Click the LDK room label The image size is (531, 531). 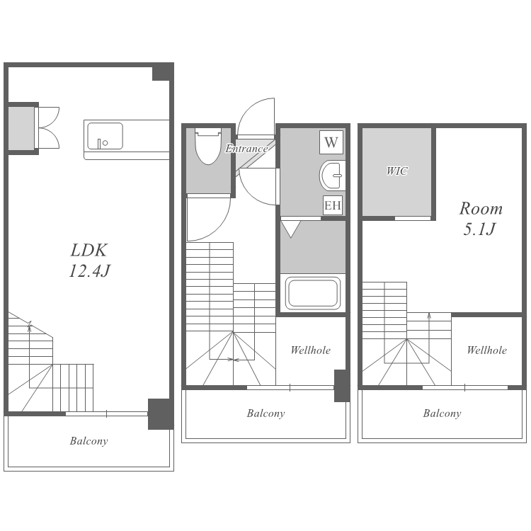click(x=88, y=250)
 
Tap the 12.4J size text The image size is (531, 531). click(x=89, y=271)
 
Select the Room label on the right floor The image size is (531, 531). click(x=481, y=209)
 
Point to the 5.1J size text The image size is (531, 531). click(x=479, y=229)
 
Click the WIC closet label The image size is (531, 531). click(x=397, y=171)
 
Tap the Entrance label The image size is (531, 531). click(x=246, y=149)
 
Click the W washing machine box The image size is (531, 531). click(x=331, y=142)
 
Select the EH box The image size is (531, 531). click(x=332, y=205)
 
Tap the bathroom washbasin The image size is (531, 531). click(x=333, y=176)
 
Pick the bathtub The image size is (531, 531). click(x=312, y=293)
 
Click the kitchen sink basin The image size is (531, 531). click(x=105, y=136)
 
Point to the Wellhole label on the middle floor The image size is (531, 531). click(x=311, y=350)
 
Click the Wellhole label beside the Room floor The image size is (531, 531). click(x=486, y=350)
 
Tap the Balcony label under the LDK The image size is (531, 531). click(x=88, y=441)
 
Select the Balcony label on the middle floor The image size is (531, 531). click(x=265, y=413)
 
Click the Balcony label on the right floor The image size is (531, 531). click(x=442, y=413)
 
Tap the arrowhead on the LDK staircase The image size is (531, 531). click(x=30, y=324)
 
